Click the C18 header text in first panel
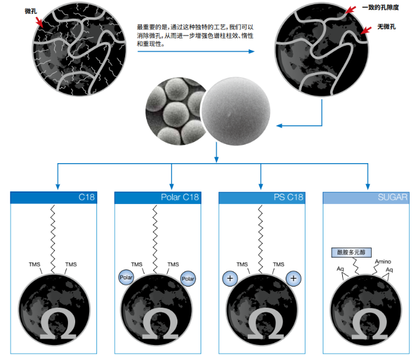point(87,197)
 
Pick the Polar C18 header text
point(180,197)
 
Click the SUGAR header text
point(394,197)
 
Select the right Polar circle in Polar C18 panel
point(189,279)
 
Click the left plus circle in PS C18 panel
point(230,278)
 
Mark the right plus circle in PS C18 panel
point(293,279)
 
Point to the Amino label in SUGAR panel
point(383,262)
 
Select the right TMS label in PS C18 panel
point(278,264)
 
